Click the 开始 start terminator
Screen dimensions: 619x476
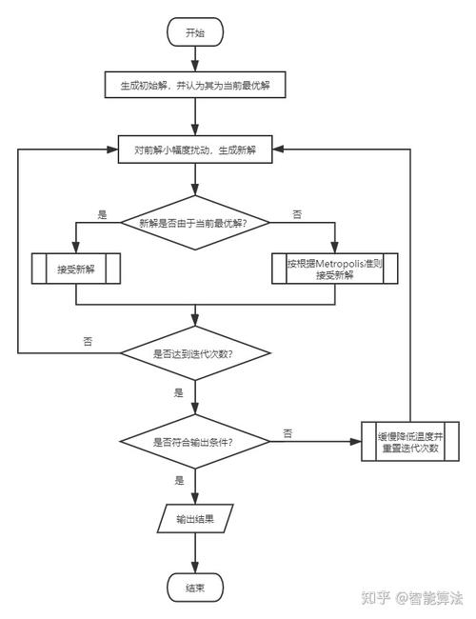click(194, 32)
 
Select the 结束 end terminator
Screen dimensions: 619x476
click(194, 587)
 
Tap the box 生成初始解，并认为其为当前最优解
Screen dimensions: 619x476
click(194, 85)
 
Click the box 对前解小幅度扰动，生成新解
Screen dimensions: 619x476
click(194, 149)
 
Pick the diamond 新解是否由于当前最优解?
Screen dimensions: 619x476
click(194, 223)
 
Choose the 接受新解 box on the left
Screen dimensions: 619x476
click(76, 269)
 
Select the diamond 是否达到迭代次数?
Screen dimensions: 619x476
click(194, 353)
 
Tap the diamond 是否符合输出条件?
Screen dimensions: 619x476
click(194, 441)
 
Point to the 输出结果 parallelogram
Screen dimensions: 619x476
click(194, 520)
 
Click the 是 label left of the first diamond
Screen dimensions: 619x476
click(103, 214)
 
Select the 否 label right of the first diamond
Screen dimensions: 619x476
click(297, 214)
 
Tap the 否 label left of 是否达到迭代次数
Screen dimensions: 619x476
click(88, 340)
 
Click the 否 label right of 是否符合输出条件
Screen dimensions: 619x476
click(288, 433)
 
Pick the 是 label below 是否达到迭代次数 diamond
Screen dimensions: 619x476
click(178, 392)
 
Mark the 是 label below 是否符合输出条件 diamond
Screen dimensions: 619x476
click(178, 481)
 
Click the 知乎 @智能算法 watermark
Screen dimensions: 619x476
click(412, 598)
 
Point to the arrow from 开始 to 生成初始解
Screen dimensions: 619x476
click(194, 58)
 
